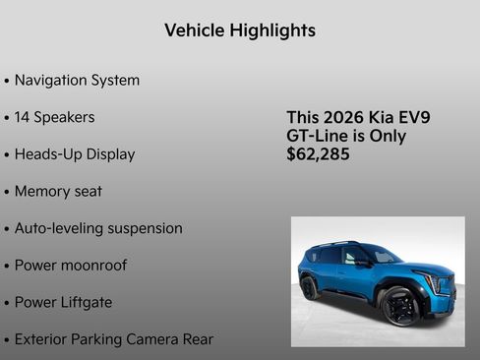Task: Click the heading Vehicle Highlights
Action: coord(240,30)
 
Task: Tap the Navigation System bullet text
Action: coord(77,81)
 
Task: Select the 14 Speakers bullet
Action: coord(54,118)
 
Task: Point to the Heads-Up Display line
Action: coord(75,154)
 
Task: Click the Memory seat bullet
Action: coord(58,192)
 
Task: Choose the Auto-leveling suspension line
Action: coord(98,228)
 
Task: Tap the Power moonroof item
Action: coord(70,266)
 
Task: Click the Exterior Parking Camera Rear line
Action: coord(113,340)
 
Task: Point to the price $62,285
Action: coord(318,154)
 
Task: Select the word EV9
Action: coord(412,118)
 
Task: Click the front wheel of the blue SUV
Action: coord(398,307)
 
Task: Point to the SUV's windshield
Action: coord(380,255)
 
